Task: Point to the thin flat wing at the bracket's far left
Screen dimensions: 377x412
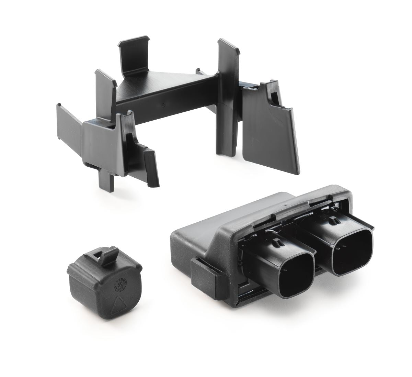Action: coord(69,131)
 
